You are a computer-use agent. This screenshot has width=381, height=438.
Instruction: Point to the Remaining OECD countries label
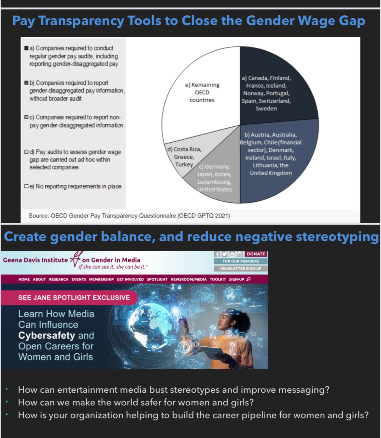coord(202,92)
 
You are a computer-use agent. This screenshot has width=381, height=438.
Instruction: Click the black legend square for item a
coord(26,48)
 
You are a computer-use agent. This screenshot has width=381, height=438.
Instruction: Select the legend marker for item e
coord(26,186)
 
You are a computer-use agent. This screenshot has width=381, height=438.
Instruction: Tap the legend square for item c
coord(26,117)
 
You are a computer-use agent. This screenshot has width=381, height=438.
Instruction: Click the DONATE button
coord(256,254)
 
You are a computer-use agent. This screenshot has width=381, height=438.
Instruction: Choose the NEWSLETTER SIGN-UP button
coord(241,269)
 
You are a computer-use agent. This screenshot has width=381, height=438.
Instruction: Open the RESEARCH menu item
coord(59,279)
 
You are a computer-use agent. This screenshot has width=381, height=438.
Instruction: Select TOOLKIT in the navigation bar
coord(218,279)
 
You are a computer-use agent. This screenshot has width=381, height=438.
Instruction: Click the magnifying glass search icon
coord(249,279)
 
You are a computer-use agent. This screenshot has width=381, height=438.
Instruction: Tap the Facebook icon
coord(217,254)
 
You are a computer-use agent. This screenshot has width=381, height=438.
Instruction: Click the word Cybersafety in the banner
coord(47,335)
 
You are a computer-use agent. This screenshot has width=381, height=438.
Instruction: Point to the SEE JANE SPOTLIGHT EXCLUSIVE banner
coord(74,297)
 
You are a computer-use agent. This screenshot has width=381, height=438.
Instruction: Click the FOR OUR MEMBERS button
coord(241,261)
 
